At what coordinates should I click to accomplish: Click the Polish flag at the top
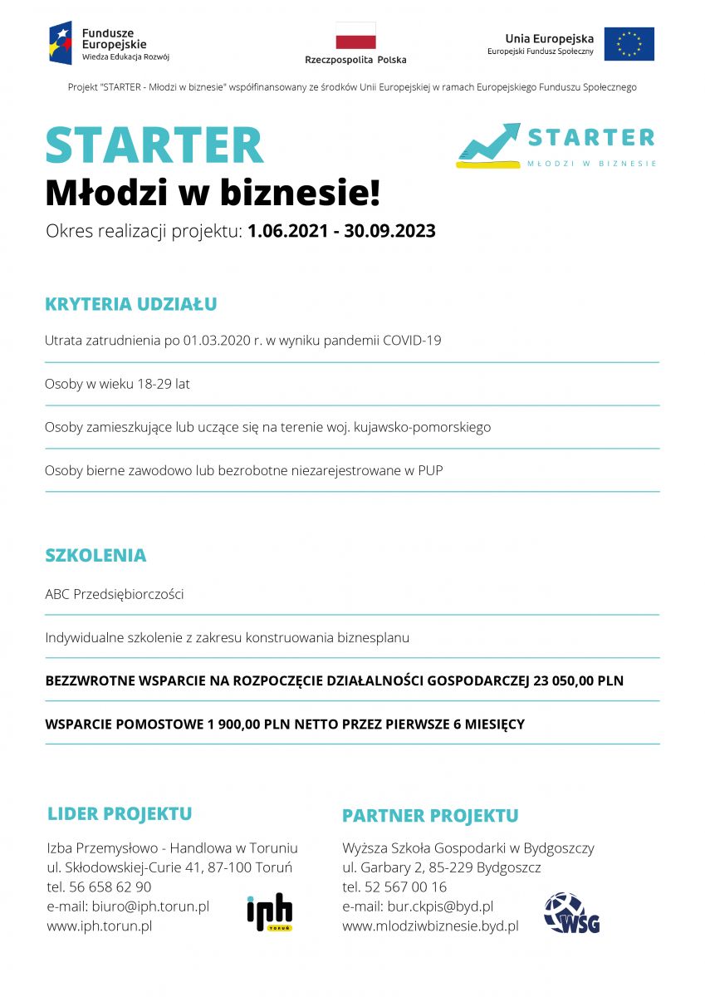click(x=355, y=36)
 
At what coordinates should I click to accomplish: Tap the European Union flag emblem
click(x=629, y=44)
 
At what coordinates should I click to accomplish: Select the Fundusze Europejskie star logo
click(x=61, y=43)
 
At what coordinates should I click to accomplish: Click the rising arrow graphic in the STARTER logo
click(x=489, y=144)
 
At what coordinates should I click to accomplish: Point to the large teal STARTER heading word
click(x=154, y=145)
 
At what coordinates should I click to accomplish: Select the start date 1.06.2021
click(x=283, y=231)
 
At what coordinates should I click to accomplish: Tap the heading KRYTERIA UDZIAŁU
click(x=130, y=304)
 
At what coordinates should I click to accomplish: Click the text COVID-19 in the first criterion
click(x=412, y=341)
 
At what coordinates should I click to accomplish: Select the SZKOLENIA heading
click(x=95, y=555)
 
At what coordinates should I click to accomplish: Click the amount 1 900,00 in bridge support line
click(x=234, y=724)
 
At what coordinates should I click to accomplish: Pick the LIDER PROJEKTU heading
click(x=120, y=813)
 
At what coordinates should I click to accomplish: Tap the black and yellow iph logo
click(x=270, y=911)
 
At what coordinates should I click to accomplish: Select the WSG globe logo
click(x=571, y=913)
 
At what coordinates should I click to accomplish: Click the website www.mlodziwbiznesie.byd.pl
click(x=430, y=926)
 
